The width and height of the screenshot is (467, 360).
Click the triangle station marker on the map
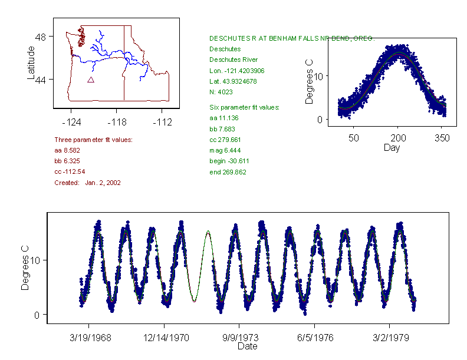91,80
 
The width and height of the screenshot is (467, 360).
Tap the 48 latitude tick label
42,37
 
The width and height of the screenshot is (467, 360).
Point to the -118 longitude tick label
116,123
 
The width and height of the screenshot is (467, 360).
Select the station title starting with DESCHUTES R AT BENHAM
292,38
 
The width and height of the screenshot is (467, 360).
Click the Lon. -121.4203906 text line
237,71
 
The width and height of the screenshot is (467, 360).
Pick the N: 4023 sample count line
221,92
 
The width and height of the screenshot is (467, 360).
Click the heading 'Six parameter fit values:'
244,107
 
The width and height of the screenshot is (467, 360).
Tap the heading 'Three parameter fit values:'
93,140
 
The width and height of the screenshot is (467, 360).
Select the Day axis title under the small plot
391,147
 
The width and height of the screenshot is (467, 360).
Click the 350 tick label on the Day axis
442,138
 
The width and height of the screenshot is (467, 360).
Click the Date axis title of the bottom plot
247,346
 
